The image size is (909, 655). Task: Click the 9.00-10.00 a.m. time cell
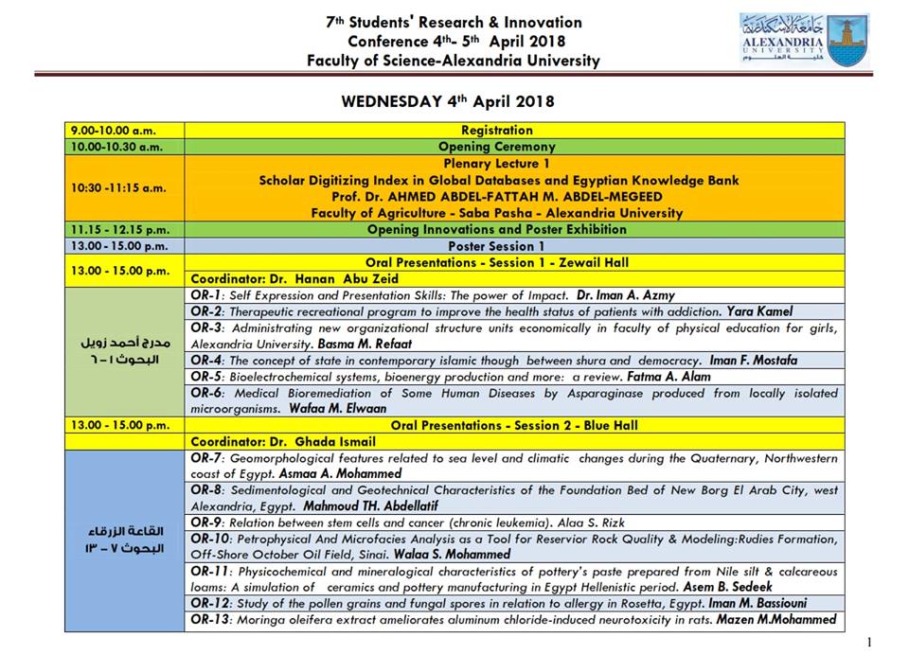point(113,131)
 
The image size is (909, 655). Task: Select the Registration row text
point(497,131)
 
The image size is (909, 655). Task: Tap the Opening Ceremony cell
point(497,147)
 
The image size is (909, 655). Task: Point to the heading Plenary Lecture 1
point(497,163)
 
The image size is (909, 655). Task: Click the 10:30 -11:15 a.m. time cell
point(118,187)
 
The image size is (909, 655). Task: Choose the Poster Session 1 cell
point(497,246)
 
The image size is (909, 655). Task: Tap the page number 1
point(869,642)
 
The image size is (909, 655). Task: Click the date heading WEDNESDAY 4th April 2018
point(447,101)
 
